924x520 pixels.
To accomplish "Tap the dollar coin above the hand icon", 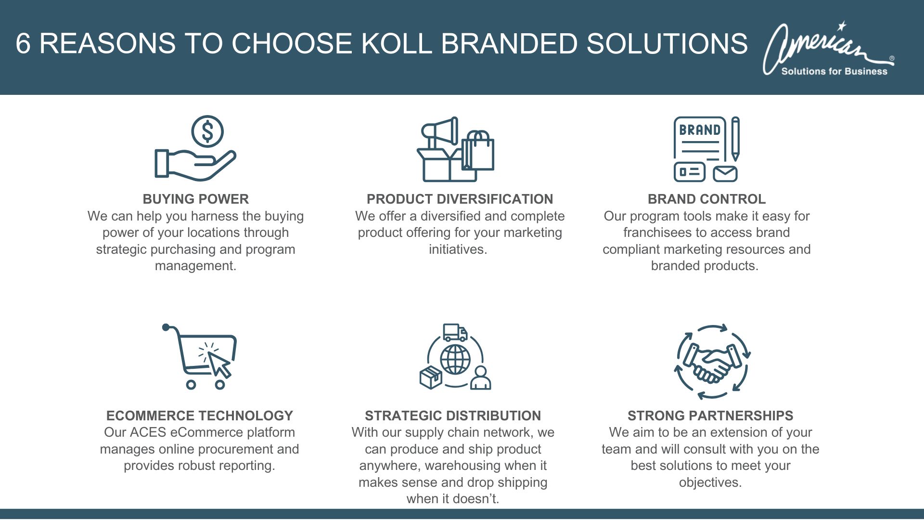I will [207, 131].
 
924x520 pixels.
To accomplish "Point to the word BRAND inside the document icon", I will [699, 130].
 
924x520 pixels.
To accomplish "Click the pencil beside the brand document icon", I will [735, 139].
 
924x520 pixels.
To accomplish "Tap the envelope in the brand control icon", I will [725, 173].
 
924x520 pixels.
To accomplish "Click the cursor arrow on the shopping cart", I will [219, 364].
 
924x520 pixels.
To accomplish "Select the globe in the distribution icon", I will [455, 359].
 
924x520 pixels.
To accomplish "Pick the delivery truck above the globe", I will [455, 332].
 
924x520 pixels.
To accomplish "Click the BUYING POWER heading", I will [195, 199].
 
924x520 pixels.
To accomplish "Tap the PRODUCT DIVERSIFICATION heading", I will [460, 199].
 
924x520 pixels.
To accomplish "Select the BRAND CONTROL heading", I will [706, 199].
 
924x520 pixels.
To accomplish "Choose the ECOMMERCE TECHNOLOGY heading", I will [199, 416].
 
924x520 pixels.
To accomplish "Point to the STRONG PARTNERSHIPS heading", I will [710, 416].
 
